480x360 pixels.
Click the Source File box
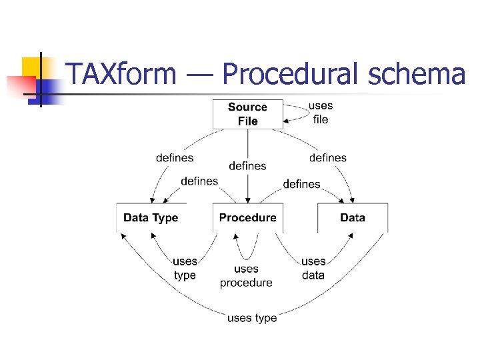point(247,114)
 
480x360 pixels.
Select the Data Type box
point(151,217)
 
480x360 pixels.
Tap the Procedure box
point(247,217)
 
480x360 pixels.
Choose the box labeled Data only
point(352,217)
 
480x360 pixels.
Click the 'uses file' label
point(321,113)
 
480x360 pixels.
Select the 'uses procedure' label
point(246,276)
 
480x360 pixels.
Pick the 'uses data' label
point(313,268)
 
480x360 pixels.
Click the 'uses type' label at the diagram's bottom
point(251,318)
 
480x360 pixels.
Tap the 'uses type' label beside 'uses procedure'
point(185,268)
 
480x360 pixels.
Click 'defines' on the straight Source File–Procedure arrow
point(247,166)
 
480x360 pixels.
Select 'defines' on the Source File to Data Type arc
point(175,158)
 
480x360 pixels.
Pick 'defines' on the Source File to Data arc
point(328,158)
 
